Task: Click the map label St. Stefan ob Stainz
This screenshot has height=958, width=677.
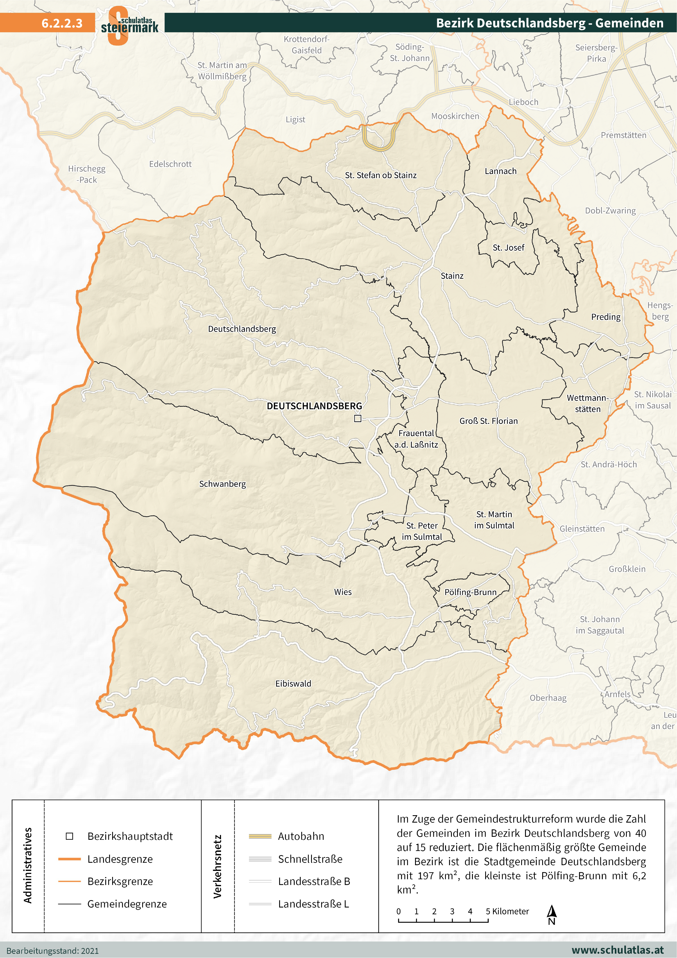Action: [x=380, y=175]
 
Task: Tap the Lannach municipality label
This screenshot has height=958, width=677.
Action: [x=500, y=171]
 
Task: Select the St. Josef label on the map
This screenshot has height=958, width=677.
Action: [x=508, y=247]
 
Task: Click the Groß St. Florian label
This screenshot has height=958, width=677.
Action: [x=488, y=421]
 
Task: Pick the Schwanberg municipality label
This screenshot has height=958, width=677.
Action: [x=222, y=484]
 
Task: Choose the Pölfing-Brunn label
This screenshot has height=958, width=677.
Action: [x=470, y=592]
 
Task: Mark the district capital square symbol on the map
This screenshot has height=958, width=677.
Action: [x=357, y=418]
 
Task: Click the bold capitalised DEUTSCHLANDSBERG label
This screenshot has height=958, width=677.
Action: [x=314, y=406]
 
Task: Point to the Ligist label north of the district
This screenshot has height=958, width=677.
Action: [x=295, y=120]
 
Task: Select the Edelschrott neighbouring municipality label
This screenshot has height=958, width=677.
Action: [x=170, y=164]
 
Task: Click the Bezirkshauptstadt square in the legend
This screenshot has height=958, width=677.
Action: [x=70, y=836]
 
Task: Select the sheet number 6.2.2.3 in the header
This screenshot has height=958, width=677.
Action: [x=62, y=23]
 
